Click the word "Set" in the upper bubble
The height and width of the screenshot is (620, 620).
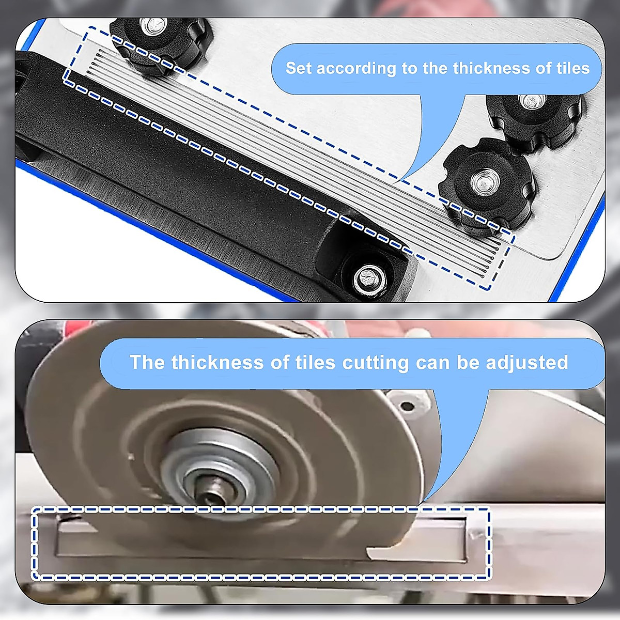pos(299,68)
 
